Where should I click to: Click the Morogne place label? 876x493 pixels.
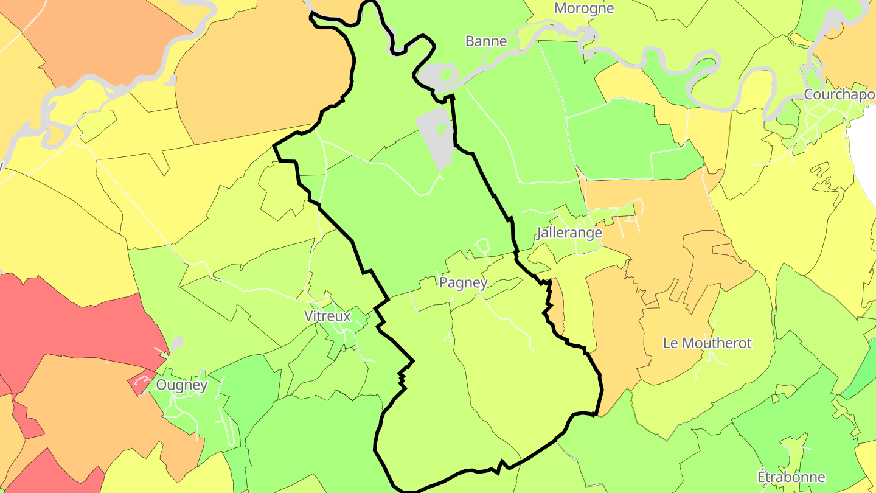pyautogui.click(x=584, y=9)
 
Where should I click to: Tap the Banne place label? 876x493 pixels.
pyautogui.click(x=486, y=41)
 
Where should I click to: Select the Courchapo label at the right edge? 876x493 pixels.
pyautogui.click(x=839, y=95)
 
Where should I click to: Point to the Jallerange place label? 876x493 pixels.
pyautogui.click(x=569, y=233)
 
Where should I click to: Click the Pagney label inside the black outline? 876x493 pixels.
pyautogui.click(x=463, y=283)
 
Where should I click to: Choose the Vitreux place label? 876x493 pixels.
pyautogui.click(x=327, y=316)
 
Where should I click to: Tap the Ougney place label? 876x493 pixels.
pyautogui.click(x=182, y=385)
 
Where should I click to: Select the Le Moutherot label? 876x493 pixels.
pyautogui.click(x=707, y=343)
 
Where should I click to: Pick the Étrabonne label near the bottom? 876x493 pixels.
pyautogui.click(x=791, y=477)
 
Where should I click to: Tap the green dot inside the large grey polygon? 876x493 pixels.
pyautogui.click(x=443, y=130)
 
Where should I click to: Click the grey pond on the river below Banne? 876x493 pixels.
pyautogui.click(x=433, y=77)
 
